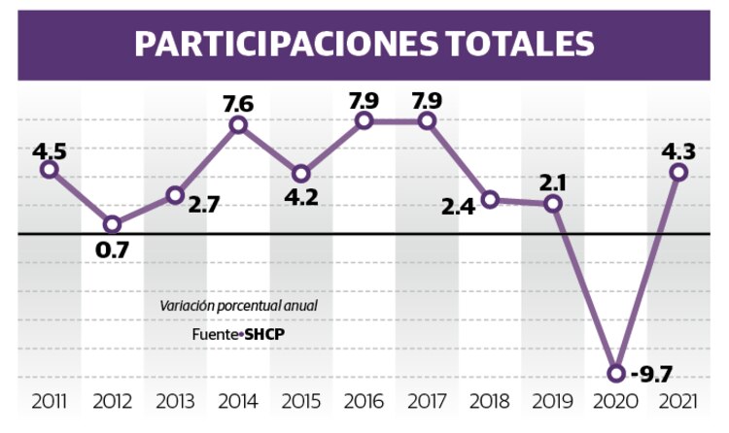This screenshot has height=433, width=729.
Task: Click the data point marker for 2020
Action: [615, 373]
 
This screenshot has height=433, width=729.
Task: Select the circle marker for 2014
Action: [238, 125]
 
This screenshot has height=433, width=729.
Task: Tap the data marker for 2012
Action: [112, 225]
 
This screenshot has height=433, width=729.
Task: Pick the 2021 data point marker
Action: [679, 172]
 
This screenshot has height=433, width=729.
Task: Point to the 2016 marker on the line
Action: [364, 120]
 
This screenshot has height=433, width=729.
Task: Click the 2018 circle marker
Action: [491, 200]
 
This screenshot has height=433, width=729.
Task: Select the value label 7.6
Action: [238, 101]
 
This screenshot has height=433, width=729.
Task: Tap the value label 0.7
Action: [112, 250]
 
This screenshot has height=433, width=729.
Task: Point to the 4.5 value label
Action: [49, 150]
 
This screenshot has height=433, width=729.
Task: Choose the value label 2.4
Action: [458, 206]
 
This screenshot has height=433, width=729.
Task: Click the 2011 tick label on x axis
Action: [49, 401]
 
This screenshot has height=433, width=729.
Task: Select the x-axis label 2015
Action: [301, 401]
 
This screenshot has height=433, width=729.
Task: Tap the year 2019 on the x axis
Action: [553, 401]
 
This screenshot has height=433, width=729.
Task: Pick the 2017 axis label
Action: [428, 401]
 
